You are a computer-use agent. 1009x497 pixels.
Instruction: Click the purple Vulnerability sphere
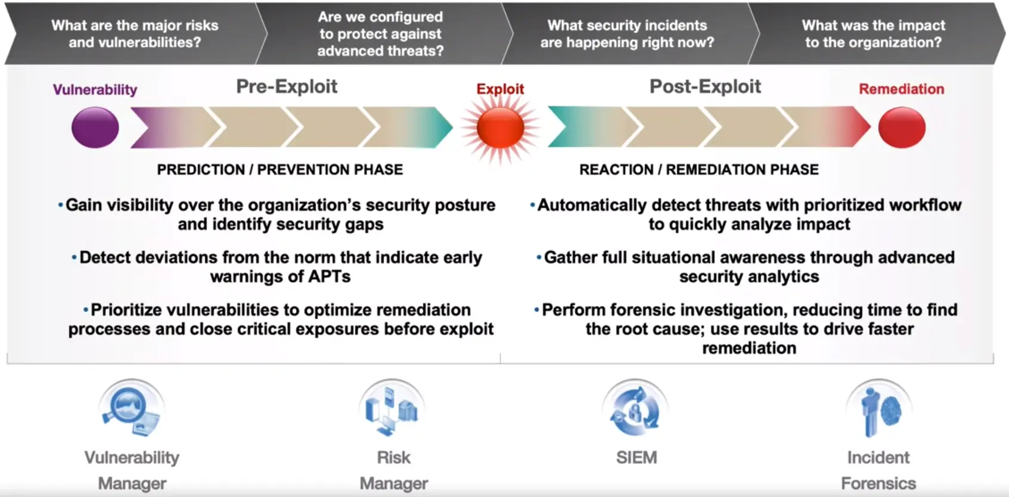(95, 128)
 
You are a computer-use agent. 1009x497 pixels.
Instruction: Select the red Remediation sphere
(902, 128)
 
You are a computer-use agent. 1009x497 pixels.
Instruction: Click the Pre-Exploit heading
(287, 86)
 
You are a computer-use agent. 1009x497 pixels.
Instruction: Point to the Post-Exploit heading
(705, 86)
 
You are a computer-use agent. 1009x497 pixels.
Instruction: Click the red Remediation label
(901, 89)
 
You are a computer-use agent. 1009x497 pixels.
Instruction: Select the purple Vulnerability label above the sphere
(95, 89)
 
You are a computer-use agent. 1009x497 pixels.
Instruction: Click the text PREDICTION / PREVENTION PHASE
(280, 170)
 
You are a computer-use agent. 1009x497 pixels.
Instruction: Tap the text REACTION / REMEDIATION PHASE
(698, 170)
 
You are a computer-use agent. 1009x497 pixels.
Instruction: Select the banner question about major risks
(135, 34)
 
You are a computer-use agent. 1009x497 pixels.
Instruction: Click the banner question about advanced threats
(380, 34)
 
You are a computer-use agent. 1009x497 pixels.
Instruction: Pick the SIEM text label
(636, 458)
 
